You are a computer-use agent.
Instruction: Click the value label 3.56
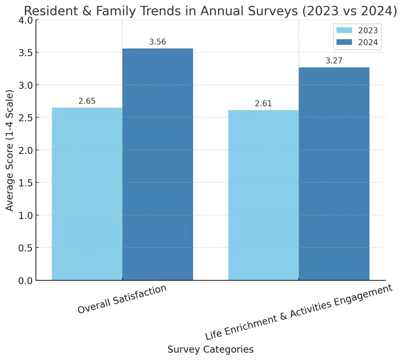point(158,42)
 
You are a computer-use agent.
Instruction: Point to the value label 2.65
point(87,101)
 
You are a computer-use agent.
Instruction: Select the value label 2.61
point(263,104)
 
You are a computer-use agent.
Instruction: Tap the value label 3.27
point(334,61)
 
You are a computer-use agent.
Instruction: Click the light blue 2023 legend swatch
point(344,30)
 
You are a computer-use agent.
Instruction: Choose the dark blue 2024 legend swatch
point(344,42)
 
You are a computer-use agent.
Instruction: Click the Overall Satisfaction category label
point(122,299)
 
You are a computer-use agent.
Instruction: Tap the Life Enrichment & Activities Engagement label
point(298,312)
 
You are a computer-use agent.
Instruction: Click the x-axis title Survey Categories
point(210,350)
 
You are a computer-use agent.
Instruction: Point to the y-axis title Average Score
point(10,150)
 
